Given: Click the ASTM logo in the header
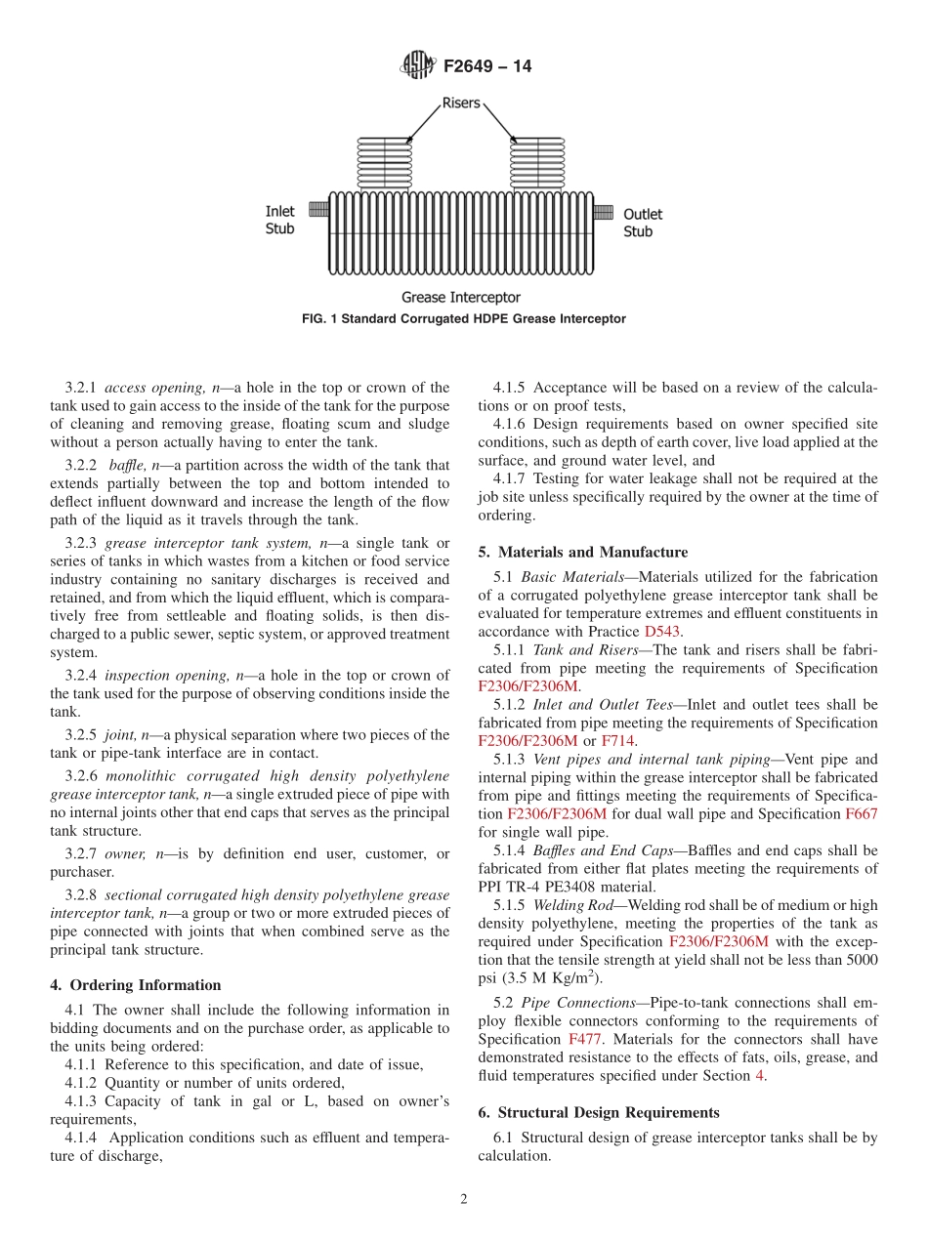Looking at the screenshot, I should pyautogui.click(x=417, y=66).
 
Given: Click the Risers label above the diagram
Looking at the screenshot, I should pyautogui.click(x=462, y=103).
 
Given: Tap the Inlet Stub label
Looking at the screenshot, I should pyautogui.click(x=280, y=220).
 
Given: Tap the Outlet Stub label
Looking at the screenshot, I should pyautogui.click(x=643, y=223).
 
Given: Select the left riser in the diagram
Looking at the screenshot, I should pyautogui.click(x=385, y=163).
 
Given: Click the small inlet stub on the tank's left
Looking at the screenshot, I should pyautogui.click(x=317, y=210).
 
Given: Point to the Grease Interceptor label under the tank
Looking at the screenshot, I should pyautogui.click(x=461, y=297).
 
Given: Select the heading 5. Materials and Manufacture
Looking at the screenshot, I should pyautogui.click(x=582, y=553).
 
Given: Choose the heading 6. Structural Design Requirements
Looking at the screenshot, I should pyautogui.click(x=599, y=1112).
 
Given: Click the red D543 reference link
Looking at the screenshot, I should pyautogui.click(x=662, y=632).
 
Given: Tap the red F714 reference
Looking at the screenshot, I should pyautogui.click(x=617, y=741).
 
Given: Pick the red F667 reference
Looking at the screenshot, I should pyautogui.click(x=861, y=813).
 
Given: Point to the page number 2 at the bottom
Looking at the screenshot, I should pyautogui.click(x=464, y=1200).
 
